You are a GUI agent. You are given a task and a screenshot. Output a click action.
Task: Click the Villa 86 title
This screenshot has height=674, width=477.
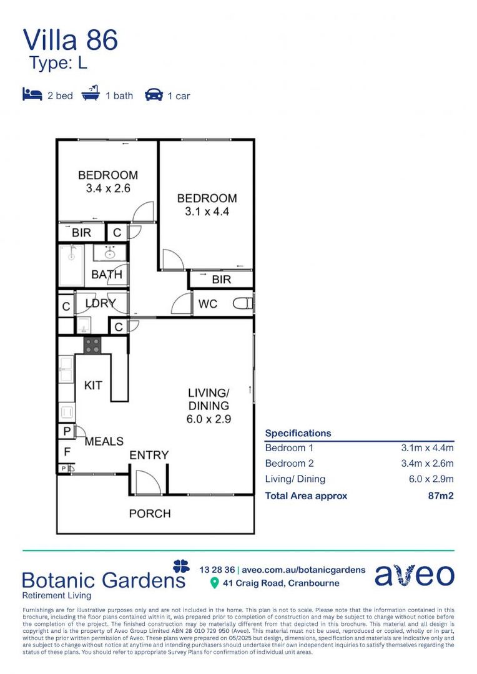click(x=70, y=40)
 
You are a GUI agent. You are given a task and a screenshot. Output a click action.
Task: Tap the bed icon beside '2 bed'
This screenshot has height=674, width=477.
click(x=32, y=95)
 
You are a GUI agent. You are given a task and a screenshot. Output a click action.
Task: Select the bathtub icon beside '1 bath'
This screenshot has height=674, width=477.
click(x=91, y=95)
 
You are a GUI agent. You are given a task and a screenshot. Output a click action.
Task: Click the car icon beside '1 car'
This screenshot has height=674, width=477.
click(x=154, y=95)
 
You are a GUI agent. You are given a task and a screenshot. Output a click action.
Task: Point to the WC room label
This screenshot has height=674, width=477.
click(x=208, y=304)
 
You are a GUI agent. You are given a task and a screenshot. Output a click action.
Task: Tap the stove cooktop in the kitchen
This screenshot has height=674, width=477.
click(x=92, y=345)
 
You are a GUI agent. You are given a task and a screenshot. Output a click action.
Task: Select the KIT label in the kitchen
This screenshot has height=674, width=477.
click(x=93, y=386)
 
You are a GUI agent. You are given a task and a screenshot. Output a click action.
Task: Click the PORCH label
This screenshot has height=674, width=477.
click(x=150, y=514)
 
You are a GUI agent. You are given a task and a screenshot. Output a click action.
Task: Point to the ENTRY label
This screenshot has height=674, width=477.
click(x=149, y=456)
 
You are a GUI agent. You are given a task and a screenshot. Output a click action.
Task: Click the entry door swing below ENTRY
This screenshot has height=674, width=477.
click(x=147, y=482)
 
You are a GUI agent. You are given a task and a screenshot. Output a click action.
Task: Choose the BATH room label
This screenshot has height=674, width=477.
click(x=107, y=275)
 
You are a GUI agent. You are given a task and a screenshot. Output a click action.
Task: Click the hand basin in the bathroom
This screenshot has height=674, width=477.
click(x=110, y=253)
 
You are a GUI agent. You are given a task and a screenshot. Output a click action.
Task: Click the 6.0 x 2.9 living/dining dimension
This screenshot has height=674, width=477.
click(x=209, y=419)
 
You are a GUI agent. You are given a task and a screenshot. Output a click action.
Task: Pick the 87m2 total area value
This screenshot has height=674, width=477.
click(x=440, y=496)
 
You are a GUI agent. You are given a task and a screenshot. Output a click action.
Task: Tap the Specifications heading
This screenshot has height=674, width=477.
click(x=298, y=433)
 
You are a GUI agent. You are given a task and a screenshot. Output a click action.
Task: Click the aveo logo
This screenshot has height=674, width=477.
click(x=414, y=575)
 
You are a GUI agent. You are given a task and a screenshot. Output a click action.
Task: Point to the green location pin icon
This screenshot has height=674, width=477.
click(x=215, y=584)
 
